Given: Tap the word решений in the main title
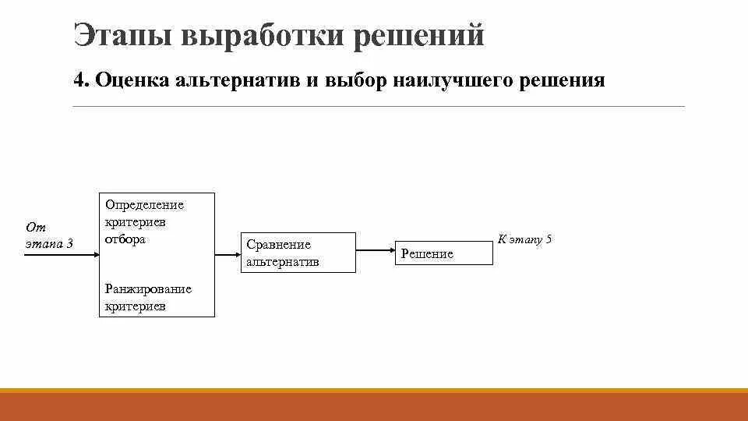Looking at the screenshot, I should [420, 35].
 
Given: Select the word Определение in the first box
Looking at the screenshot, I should [144, 205].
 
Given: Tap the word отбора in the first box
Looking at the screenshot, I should [125, 239].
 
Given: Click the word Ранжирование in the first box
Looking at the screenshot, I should [147, 289].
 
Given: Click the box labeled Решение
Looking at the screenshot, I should [443, 253].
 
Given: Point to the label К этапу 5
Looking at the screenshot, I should [524, 239].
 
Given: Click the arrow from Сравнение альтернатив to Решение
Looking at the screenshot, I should [375, 250].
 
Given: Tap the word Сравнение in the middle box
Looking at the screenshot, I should [278, 245].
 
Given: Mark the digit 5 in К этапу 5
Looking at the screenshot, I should [549, 239].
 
